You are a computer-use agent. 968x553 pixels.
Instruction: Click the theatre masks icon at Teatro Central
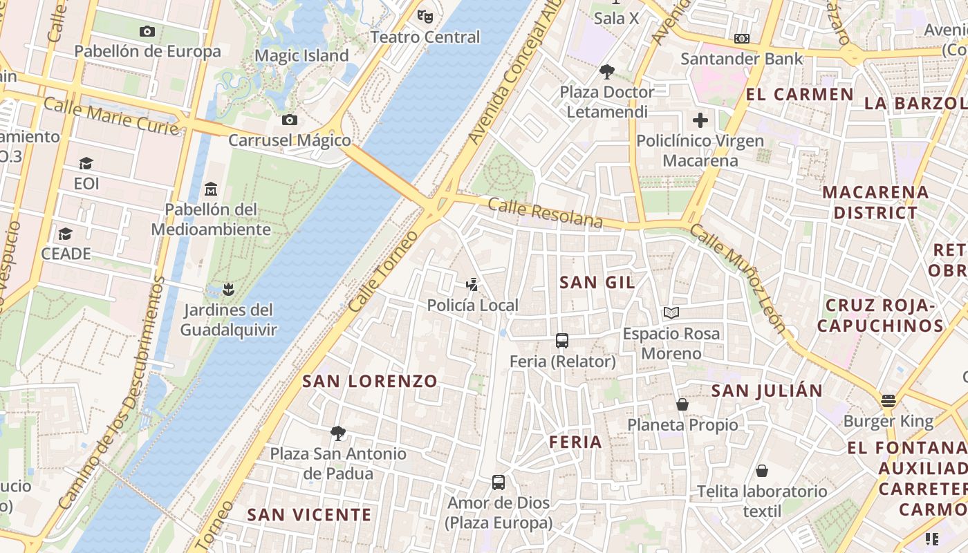click(425, 15)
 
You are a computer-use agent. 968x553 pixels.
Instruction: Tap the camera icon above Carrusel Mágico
click(290, 120)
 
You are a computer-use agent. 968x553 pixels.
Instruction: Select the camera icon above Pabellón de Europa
click(147, 31)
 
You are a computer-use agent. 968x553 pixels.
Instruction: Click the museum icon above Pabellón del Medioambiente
click(211, 188)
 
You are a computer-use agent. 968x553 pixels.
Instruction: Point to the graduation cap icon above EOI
click(86, 163)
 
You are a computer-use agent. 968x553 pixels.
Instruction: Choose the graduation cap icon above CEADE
click(66, 234)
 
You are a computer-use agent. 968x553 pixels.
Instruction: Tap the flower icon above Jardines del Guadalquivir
click(229, 289)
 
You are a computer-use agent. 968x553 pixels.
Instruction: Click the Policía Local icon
click(472, 284)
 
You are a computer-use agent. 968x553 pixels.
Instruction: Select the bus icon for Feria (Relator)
click(562, 340)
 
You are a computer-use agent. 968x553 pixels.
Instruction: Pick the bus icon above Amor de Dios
click(499, 482)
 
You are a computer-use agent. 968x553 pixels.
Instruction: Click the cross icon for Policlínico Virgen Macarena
click(700, 120)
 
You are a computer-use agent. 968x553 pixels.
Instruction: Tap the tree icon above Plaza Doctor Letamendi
click(607, 71)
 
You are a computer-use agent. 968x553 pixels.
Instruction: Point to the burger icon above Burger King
click(888, 400)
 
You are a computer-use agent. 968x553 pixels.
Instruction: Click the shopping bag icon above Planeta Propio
click(682, 404)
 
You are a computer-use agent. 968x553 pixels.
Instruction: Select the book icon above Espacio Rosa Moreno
click(671, 312)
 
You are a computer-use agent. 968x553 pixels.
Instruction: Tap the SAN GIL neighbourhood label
click(597, 282)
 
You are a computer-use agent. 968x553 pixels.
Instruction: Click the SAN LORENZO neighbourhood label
click(370, 381)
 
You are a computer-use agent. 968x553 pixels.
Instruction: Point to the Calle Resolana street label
click(546, 213)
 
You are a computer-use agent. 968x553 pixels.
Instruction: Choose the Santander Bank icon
click(742, 39)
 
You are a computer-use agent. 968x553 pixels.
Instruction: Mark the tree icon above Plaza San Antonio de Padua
click(338, 433)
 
